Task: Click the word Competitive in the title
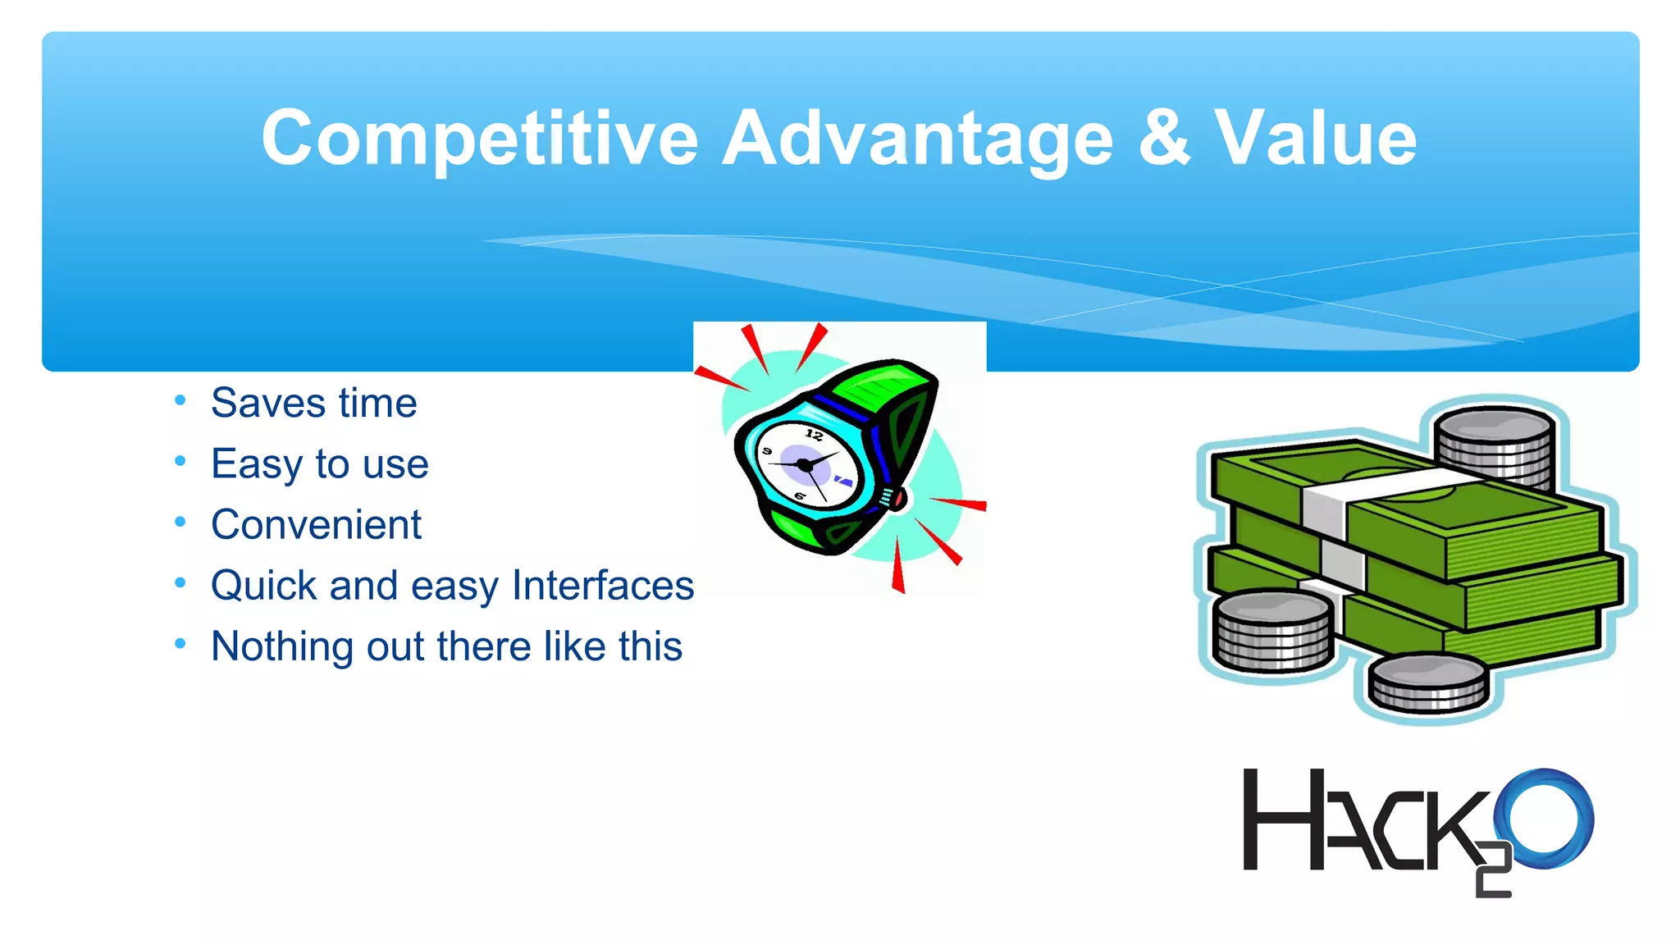click(479, 139)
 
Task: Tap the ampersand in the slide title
click(1163, 138)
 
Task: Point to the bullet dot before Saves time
click(180, 400)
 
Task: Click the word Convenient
click(316, 525)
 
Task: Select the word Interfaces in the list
click(603, 586)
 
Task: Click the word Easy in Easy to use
click(256, 464)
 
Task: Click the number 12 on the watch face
click(814, 435)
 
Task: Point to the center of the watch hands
click(805, 465)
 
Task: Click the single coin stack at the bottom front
click(1427, 682)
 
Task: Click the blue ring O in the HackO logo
click(1544, 818)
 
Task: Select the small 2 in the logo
click(1493, 871)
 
